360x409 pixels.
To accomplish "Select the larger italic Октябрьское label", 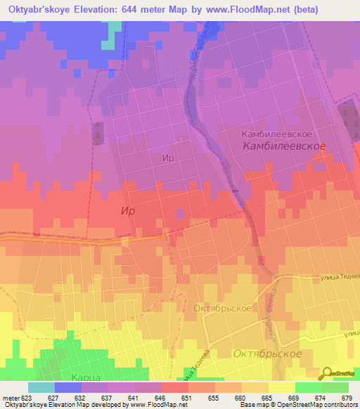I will point(267,353).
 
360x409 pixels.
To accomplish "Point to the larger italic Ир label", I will point(127,210).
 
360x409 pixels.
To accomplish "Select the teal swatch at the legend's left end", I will point(41,387).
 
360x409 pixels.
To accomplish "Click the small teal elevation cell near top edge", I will point(107,44).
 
